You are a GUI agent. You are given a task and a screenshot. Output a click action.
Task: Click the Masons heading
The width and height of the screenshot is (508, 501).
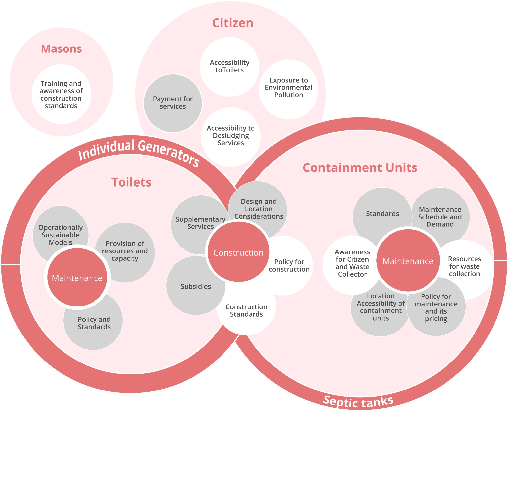point(61,49)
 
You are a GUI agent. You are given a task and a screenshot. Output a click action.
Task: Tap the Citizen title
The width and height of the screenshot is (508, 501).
point(232,23)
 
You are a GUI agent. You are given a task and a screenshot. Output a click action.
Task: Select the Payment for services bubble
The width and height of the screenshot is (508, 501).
point(173,103)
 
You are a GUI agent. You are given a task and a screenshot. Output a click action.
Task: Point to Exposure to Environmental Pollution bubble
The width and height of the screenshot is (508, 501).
point(288,87)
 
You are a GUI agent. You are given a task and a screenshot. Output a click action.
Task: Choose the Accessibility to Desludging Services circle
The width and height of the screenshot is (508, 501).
point(231,136)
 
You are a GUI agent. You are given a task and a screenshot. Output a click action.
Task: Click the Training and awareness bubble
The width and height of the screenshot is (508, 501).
point(61,95)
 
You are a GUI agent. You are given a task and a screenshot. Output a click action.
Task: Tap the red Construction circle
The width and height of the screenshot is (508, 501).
point(238,252)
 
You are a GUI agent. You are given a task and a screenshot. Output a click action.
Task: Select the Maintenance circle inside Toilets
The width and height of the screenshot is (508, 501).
point(77,278)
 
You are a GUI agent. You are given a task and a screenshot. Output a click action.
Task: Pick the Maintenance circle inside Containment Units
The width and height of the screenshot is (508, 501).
point(408,261)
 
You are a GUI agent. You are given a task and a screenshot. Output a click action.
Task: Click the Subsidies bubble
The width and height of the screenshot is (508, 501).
point(196,286)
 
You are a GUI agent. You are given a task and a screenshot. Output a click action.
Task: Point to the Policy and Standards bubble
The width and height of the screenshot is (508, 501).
point(94,323)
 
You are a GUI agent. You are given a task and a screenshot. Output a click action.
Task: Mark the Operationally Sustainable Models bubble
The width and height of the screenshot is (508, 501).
point(61,235)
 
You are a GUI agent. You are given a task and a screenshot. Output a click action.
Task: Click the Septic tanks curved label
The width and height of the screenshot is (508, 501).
point(358,401)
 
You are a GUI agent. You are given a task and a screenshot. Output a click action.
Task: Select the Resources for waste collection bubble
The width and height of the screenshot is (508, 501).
point(464,266)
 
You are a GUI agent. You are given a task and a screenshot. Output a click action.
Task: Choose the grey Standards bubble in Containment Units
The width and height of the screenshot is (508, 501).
point(382,214)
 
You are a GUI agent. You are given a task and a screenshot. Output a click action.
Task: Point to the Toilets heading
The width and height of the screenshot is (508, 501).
point(131,182)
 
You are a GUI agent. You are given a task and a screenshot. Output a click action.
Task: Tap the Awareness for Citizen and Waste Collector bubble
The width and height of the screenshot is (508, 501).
point(352,263)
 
